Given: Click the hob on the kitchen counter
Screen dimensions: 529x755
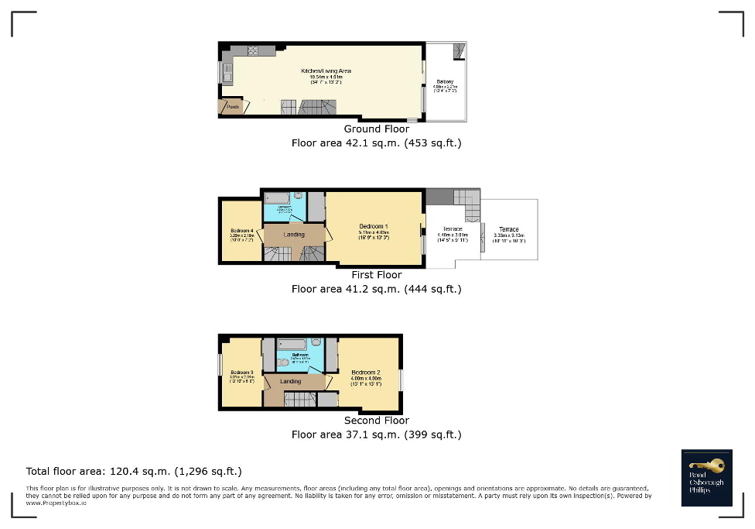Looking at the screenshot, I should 252,52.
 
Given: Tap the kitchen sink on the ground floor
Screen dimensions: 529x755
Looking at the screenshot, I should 227,74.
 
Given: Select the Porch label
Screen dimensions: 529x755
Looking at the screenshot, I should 232,107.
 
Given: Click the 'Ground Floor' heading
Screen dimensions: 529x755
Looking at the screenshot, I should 377,129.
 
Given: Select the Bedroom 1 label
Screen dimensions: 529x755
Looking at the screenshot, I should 374,226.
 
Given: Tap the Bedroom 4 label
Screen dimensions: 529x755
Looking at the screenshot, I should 241,231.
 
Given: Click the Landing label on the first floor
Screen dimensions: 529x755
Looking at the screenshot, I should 294,235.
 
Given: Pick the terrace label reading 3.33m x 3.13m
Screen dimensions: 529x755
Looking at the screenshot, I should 508,230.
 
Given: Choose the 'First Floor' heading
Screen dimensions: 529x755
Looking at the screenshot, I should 377,275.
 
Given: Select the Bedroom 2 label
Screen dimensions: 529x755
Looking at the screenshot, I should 365,373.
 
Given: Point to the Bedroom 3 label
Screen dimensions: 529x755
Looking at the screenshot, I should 241,373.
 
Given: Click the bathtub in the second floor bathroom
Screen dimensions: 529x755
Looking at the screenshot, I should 292,344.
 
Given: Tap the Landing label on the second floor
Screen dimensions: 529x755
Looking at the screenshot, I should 291,381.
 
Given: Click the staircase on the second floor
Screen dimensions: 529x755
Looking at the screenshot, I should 300,399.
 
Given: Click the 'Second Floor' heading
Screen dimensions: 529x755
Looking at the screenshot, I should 377,421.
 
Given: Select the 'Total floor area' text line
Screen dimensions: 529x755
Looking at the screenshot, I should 134,471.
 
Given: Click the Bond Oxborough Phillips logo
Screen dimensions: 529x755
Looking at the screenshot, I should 706,478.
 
